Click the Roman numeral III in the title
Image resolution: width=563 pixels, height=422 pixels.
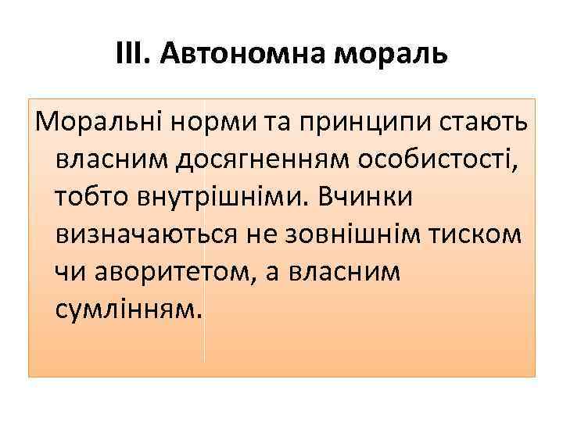(x=131, y=54)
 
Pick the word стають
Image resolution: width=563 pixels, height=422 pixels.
(x=482, y=123)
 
